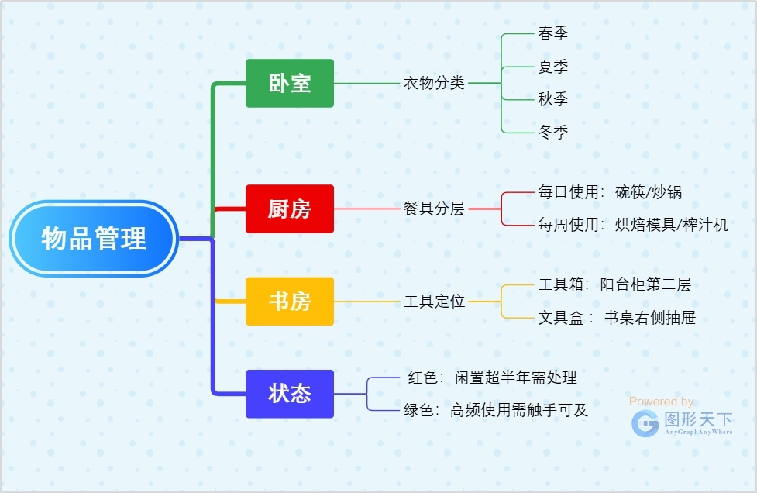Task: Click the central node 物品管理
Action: pyautogui.click(x=94, y=238)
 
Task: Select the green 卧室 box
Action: pyautogui.click(x=290, y=83)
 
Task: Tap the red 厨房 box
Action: pyautogui.click(x=290, y=209)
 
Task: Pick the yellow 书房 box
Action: pyautogui.click(x=290, y=302)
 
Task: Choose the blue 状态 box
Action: pyautogui.click(x=290, y=394)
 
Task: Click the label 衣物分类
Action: pyautogui.click(x=434, y=83)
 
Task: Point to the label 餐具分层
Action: pyautogui.click(x=434, y=209)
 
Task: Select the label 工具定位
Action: pyautogui.click(x=434, y=302)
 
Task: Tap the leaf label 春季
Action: pyautogui.click(x=552, y=33)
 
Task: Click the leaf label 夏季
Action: pyautogui.click(x=552, y=67)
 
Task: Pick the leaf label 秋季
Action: pyautogui.click(x=552, y=99)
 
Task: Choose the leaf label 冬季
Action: pyautogui.click(x=552, y=133)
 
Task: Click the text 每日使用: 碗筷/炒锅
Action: pyautogui.click(x=610, y=192)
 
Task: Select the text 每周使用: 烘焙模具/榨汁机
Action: pyautogui.click(x=633, y=225)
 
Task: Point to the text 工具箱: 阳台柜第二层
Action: pyautogui.click(x=614, y=284)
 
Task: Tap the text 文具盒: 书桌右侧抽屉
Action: pyautogui.click(x=611, y=318)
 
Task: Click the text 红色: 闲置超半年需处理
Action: pyautogui.click(x=492, y=378)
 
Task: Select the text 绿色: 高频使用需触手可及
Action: pyautogui.click(x=496, y=411)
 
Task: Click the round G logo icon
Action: pyautogui.click(x=645, y=423)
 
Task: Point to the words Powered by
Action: pyautogui.click(x=661, y=402)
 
